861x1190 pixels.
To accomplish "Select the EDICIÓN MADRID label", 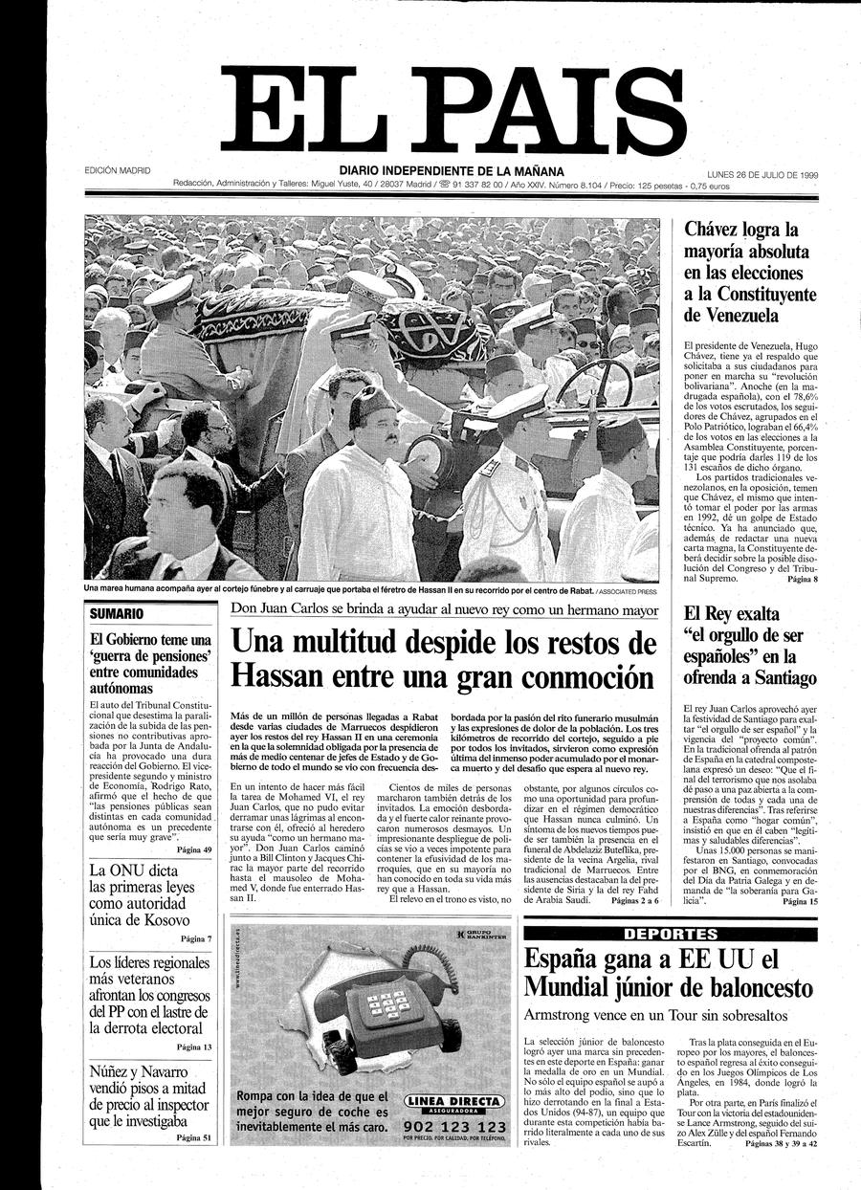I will (x=118, y=171).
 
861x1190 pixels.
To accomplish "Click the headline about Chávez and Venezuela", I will (x=747, y=273).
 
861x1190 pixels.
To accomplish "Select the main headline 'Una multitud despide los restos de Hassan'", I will (x=443, y=658).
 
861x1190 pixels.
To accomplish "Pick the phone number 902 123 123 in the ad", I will (x=454, y=1127).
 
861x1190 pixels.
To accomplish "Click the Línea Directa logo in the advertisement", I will (x=454, y=1104).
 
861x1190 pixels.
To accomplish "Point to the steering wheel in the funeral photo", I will (x=593, y=383).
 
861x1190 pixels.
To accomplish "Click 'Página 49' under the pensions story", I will (x=194, y=848).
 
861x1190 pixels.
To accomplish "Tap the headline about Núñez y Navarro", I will (x=148, y=1095).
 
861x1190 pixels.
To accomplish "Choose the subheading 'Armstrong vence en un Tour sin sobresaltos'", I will (x=655, y=1014).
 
